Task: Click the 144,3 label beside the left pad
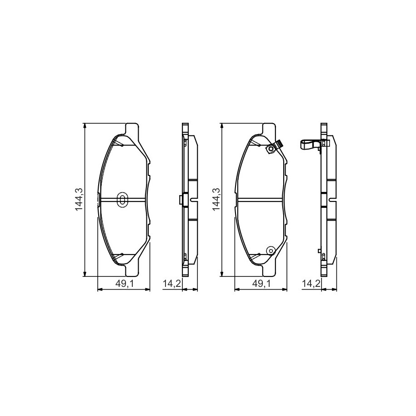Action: (79, 200)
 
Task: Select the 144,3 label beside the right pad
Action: (216, 200)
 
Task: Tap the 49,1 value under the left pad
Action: (124, 284)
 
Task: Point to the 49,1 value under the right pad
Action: (261, 284)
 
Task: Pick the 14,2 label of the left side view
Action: (172, 284)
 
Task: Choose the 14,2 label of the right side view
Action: (311, 284)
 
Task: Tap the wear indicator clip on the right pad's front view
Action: (274, 147)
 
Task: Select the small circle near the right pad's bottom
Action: (271, 251)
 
